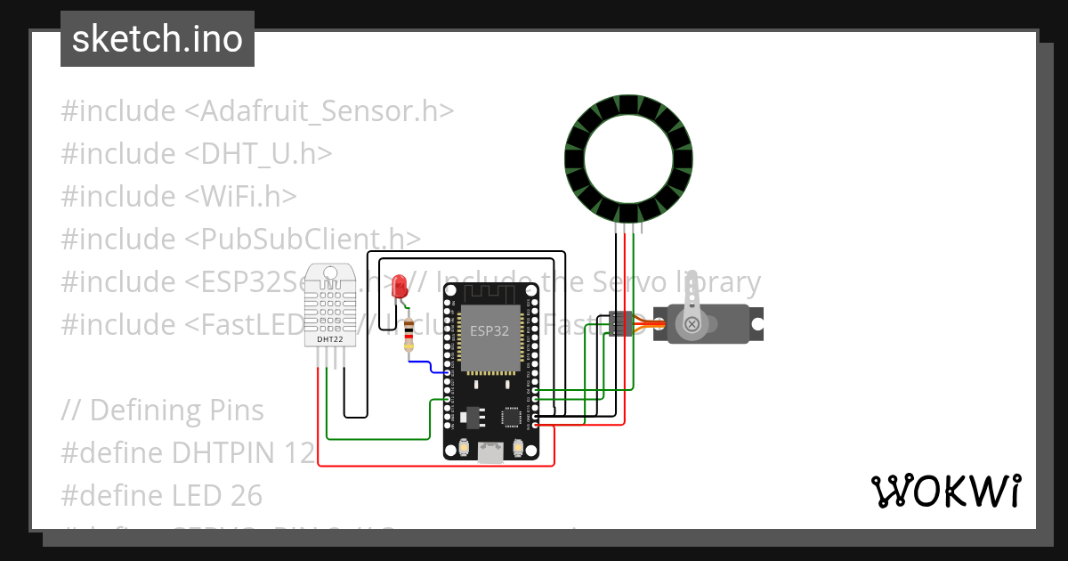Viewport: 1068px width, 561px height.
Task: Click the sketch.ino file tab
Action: point(157,39)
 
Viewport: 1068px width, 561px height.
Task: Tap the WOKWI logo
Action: point(945,491)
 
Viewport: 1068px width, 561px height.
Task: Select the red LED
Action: point(400,286)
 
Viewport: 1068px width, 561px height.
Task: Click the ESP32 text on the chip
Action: point(489,331)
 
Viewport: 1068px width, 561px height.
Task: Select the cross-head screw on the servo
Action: point(691,326)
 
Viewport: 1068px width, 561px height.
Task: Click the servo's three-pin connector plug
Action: point(620,324)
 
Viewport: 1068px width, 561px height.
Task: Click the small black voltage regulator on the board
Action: point(470,416)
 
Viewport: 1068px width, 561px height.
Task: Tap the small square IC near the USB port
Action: point(512,416)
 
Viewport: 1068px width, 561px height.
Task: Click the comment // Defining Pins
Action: point(163,410)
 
